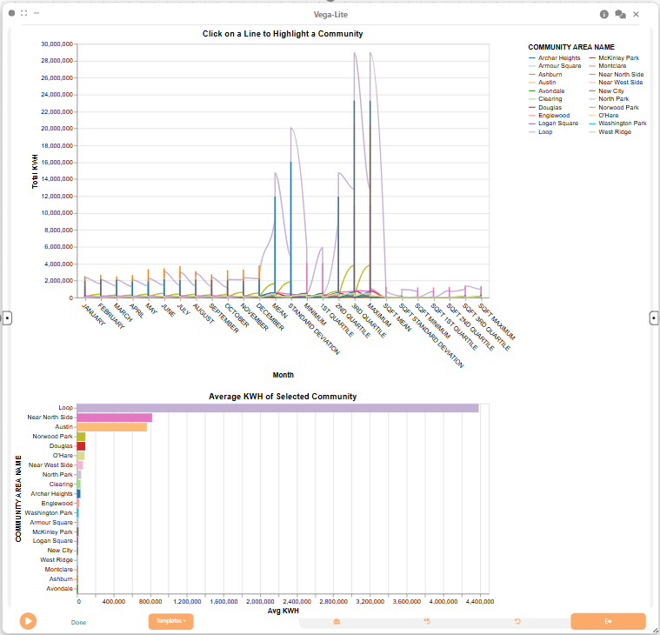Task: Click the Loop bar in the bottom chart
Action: [277, 408]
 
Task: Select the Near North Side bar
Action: [115, 418]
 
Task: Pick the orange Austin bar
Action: [112, 427]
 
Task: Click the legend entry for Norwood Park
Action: [618, 107]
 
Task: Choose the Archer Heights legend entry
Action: [555, 58]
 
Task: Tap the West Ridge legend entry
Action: [610, 132]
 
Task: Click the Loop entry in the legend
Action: [541, 132]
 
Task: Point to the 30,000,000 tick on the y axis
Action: [57, 43]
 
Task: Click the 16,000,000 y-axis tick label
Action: [57, 163]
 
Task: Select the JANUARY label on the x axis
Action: [93, 314]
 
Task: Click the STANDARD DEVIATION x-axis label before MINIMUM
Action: [314, 329]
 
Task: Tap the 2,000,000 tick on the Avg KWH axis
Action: [260, 602]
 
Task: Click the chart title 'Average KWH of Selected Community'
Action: [283, 397]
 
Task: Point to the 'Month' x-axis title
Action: [283, 375]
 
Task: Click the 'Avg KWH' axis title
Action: [283, 611]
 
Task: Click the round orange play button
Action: [28, 621]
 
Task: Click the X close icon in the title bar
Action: [636, 14]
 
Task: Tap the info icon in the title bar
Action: [604, 14]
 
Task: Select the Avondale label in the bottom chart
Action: [59, 589]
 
